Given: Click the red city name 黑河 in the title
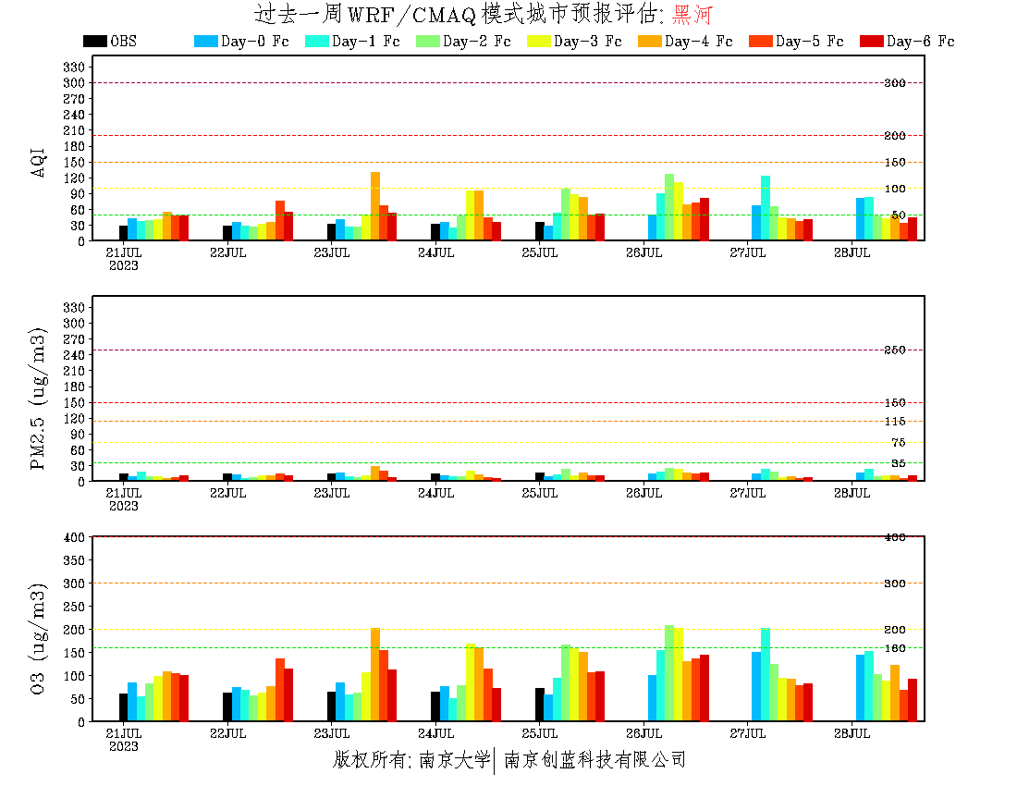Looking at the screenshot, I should (x=692, y=15).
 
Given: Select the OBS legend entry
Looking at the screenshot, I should (x=110, y=42).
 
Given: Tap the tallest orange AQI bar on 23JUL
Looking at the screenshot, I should (x=375, y=205).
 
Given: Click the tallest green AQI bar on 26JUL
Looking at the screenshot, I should (x=669, y=206).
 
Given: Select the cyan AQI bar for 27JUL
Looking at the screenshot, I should (x=766, y=207).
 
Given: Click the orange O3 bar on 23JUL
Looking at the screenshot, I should (x=375, y=674).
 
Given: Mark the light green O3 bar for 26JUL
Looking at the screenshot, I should (x=669, y=672).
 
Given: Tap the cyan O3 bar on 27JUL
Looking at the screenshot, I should (x=766, y=674).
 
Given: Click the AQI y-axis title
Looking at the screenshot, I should (x=39, y=162).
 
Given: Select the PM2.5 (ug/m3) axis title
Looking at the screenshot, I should (x=39, y=398).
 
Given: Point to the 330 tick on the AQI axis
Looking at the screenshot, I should (x=74, y=68).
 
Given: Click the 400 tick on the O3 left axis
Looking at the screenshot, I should (x=74, y=537).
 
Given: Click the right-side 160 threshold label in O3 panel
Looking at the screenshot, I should (x=895, y=648).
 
